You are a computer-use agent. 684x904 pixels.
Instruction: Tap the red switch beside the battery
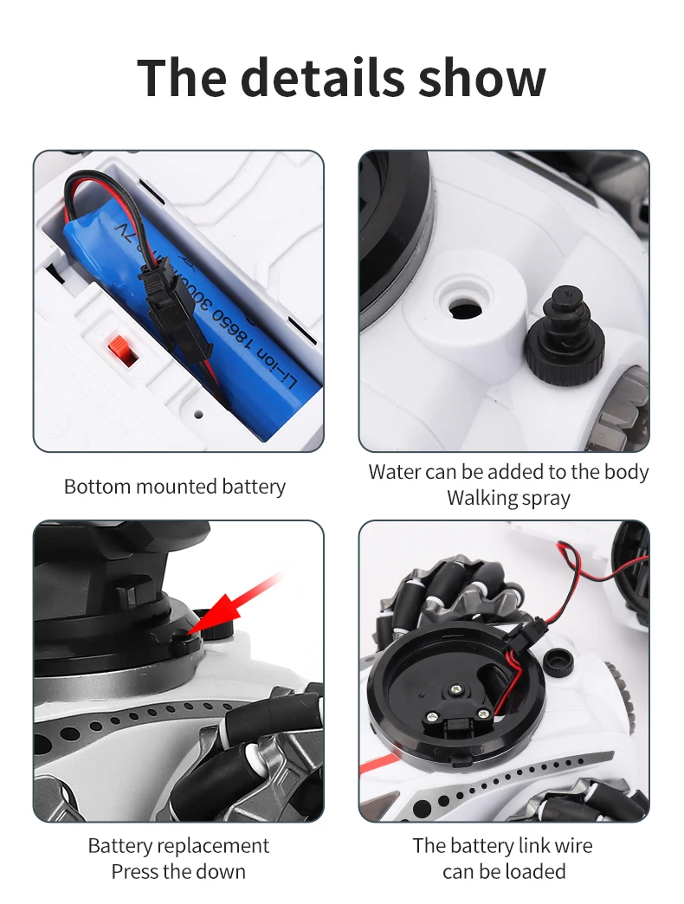point(122,351)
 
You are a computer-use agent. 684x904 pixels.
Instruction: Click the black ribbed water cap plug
point(561,342)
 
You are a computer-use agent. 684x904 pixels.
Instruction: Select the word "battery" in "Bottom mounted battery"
point(252,487)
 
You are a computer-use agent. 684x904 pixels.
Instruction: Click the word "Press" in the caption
point(139,871)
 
